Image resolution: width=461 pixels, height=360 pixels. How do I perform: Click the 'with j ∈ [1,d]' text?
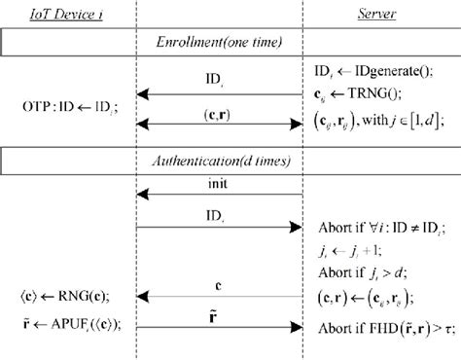[407, 124]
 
